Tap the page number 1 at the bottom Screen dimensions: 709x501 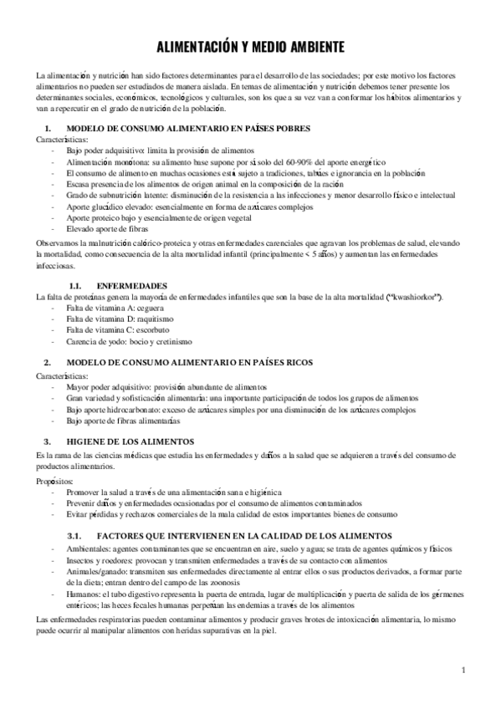463,670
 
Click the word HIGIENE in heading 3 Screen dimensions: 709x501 89,441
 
